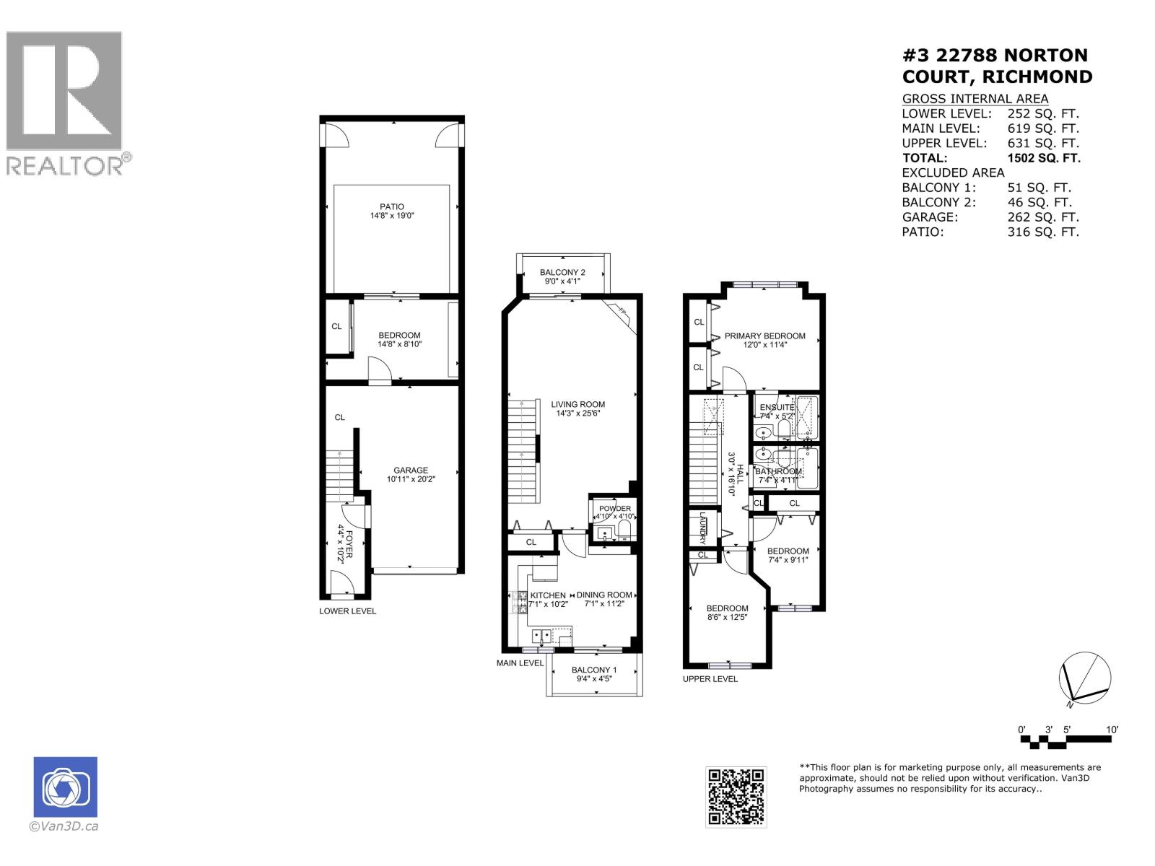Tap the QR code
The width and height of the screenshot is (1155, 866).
[x=736, y=797]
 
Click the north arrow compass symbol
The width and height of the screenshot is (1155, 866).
[x=1085, y=679]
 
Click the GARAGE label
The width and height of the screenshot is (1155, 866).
[x=411, y=471]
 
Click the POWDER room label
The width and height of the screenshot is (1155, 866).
[x=614, y=509]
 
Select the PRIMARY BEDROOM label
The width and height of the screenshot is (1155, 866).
[x=764, y=336]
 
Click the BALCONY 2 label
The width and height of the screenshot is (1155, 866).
[x=562, y=272]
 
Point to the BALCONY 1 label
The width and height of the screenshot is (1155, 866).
[x=593, y=670]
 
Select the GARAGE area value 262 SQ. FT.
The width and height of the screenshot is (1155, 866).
[x=1042, y=217]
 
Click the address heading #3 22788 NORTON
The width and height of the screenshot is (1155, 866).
[x=995, y=56]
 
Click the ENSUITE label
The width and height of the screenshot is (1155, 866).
[x=777, y=408]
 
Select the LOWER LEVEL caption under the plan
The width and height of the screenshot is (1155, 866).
[x=347, y=611]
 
